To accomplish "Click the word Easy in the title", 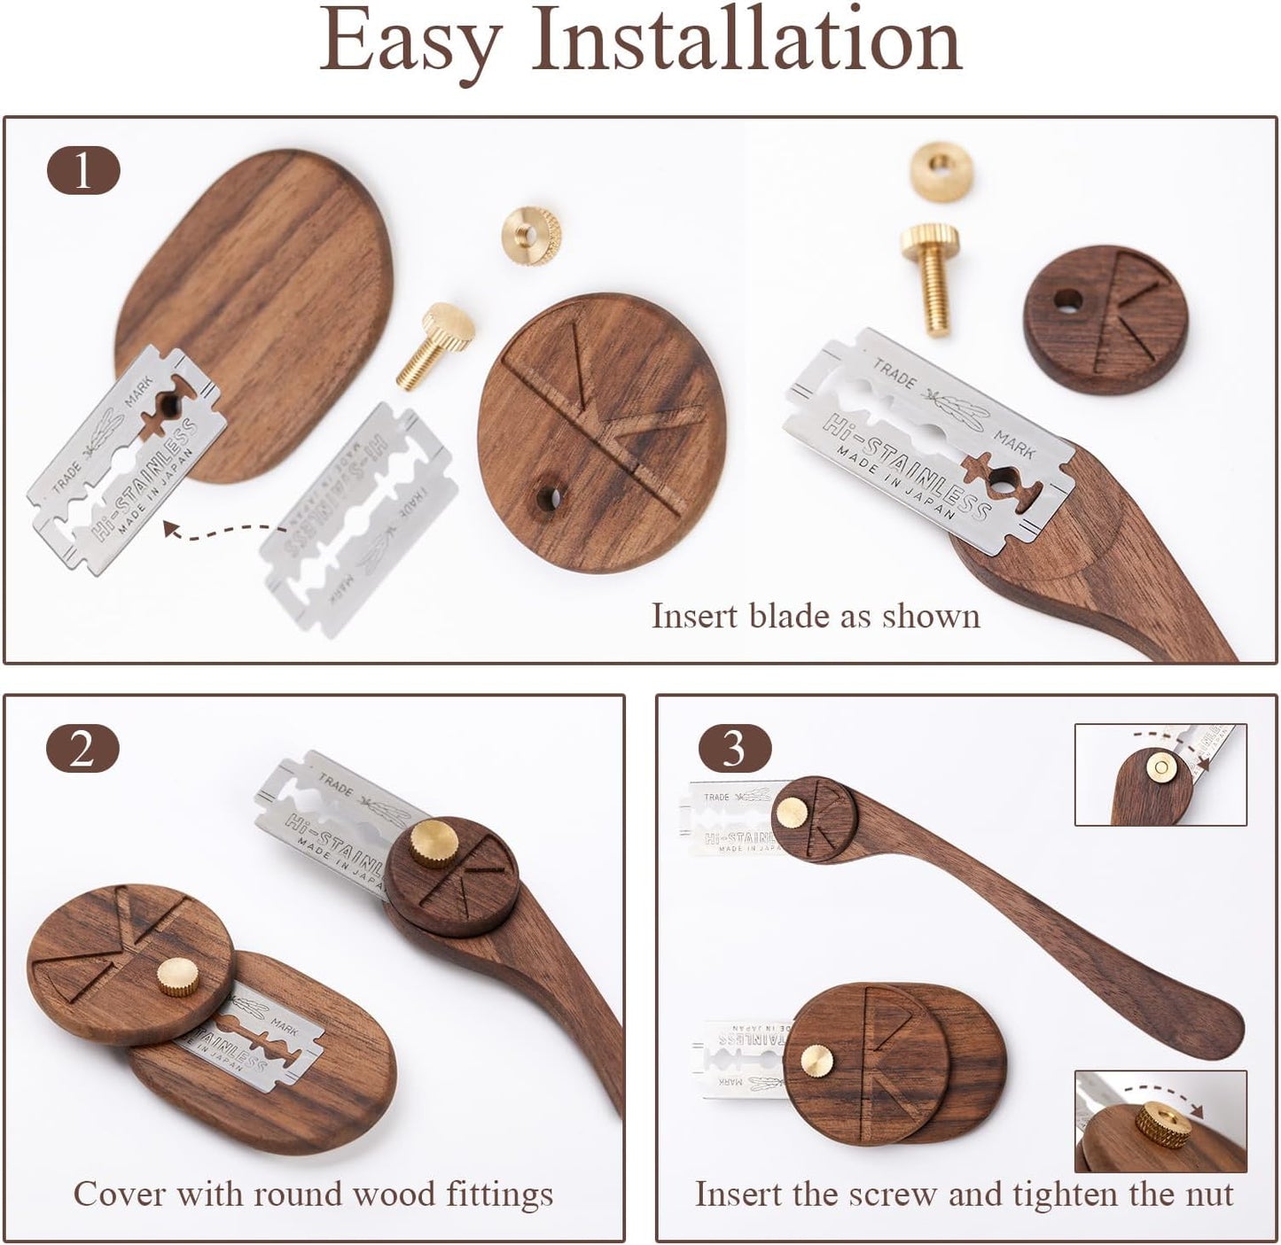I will (410, 42).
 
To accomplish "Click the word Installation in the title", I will (746, 40).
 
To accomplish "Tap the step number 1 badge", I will (82, 171).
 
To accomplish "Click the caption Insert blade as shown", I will (816, 616).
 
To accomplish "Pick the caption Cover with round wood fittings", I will (313, 1194).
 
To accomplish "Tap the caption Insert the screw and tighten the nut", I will (964, 1194).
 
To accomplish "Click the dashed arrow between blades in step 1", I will (222, 532).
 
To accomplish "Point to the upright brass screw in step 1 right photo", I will (932, 275).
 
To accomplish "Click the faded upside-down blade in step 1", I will (359, 518).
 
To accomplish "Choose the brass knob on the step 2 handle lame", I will (434, 842).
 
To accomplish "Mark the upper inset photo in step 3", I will (1160, 774).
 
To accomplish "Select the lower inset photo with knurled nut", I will (1160, 1121).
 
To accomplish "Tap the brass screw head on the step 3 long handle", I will (791, 812).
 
